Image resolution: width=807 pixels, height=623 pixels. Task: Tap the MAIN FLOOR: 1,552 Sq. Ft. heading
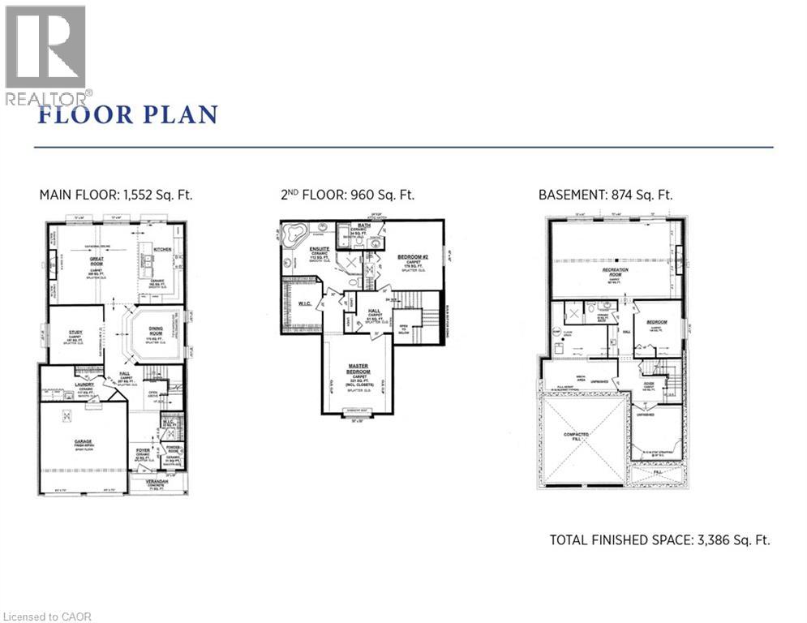pos(116,195)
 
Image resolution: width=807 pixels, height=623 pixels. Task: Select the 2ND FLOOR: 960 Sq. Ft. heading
pos(346,195)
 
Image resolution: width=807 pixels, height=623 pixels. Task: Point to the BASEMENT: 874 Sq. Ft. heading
pos(605,195)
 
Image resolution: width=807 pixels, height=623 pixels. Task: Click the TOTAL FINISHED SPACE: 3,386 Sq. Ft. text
pos(659,539)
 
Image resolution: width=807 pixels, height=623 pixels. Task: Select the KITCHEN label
pos(161,250)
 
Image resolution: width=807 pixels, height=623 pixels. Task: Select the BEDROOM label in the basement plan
pos(656,322)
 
